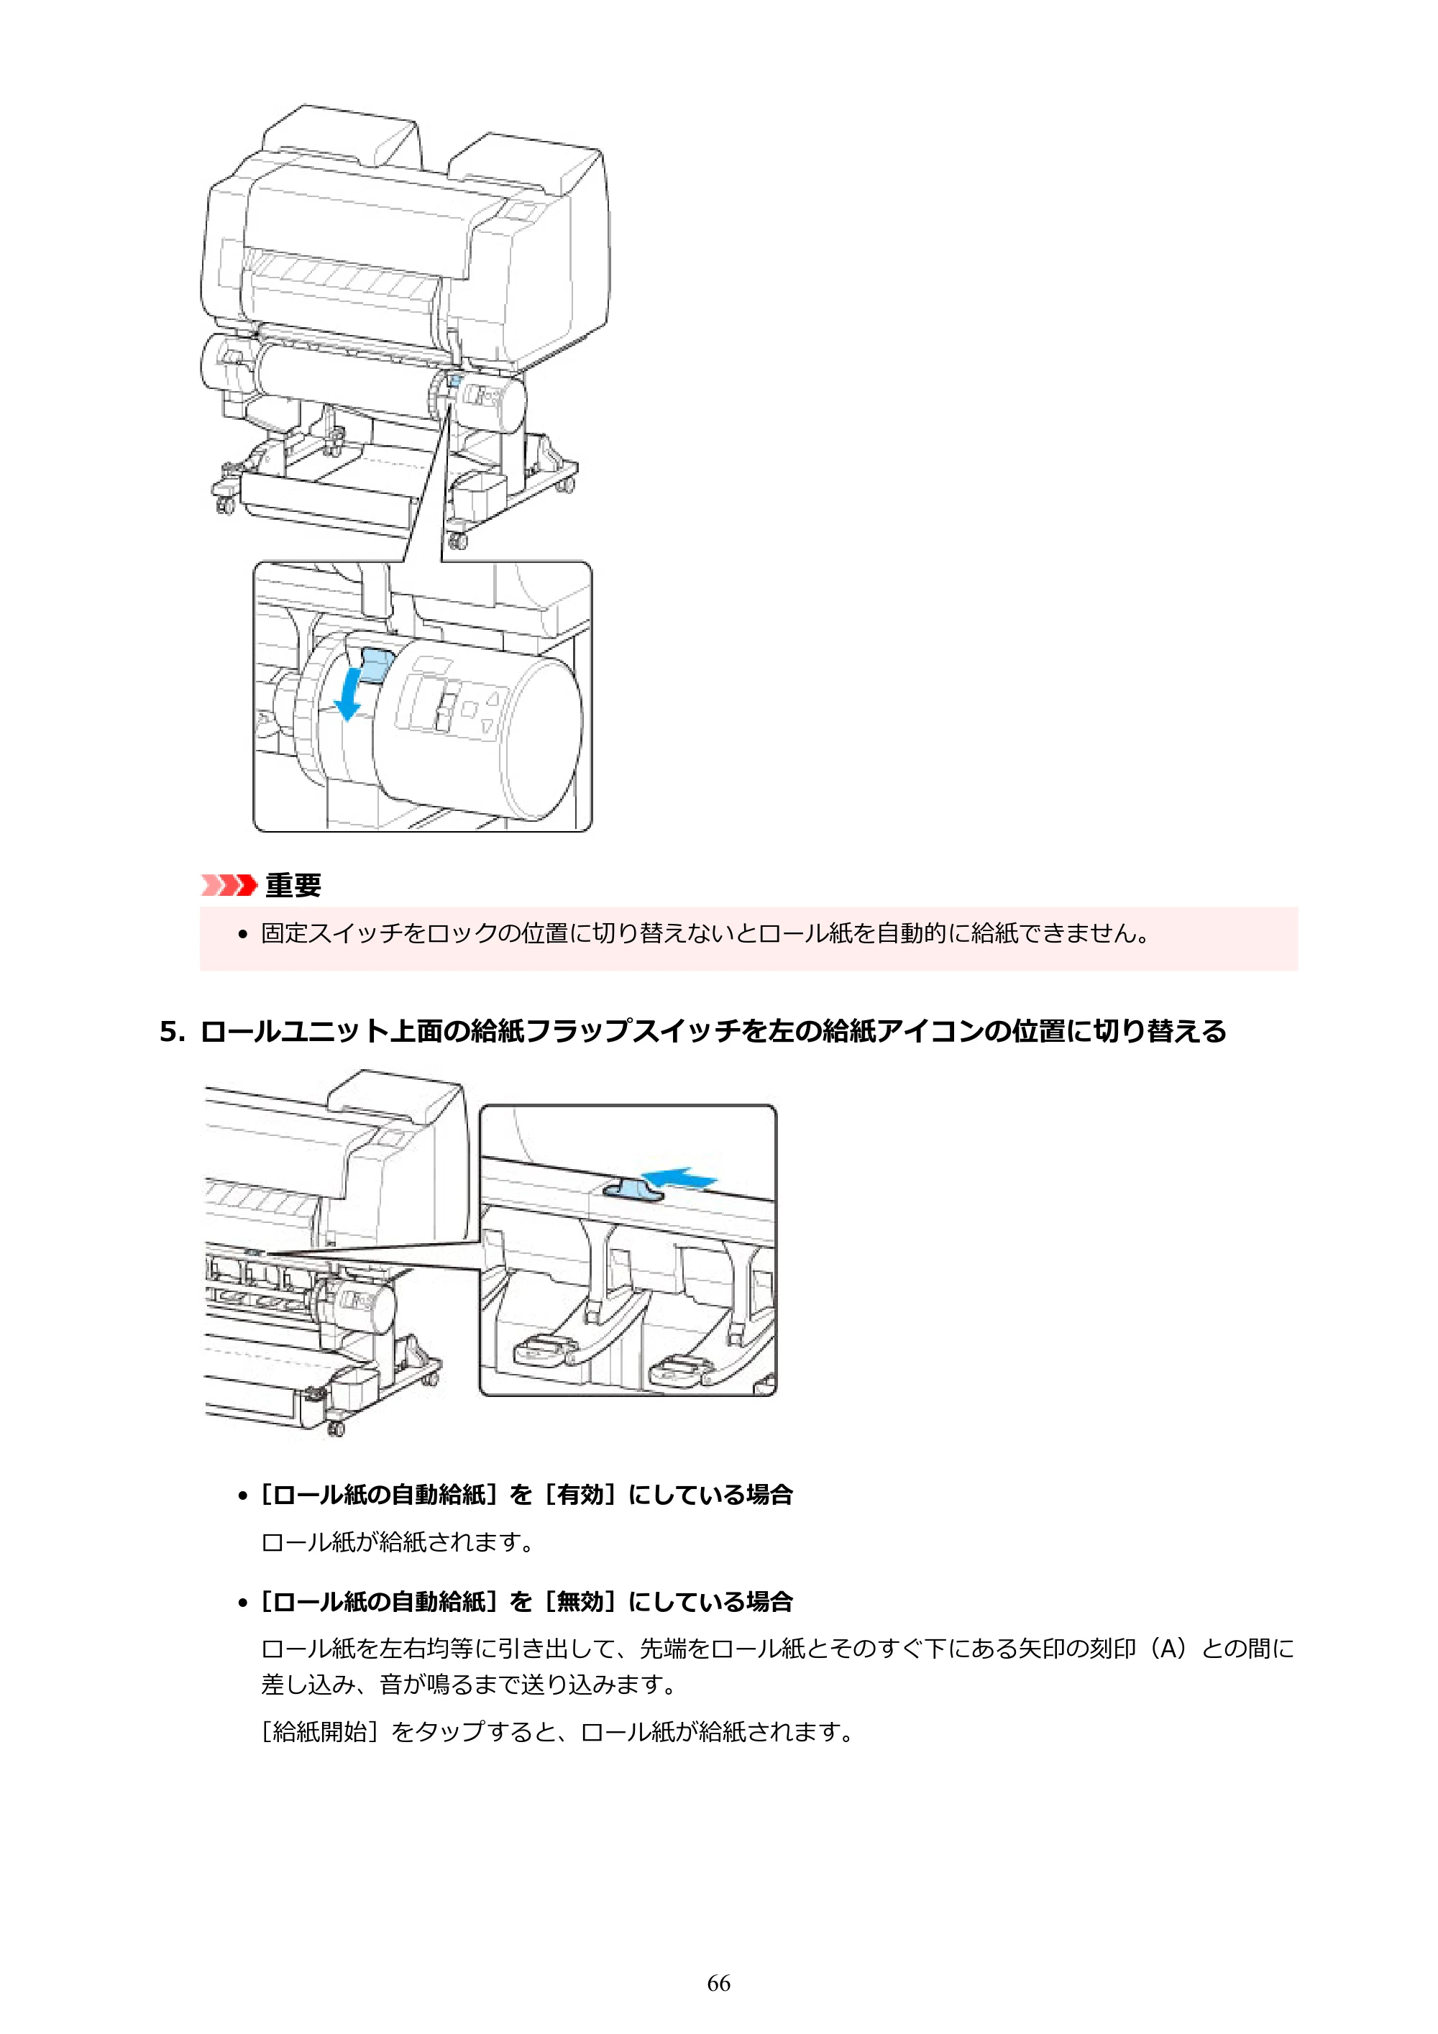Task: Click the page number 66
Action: (x=718, y=1984)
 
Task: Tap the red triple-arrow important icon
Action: (x=229, y=885)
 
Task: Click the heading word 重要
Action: (x=293, y=885)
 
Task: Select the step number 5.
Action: (x=172, y=1031)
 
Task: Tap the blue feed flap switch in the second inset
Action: (x=633, y=1190)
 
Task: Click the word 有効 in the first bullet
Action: (x=580, y=1495)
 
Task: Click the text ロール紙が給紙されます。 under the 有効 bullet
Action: (x=398, y=1542)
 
